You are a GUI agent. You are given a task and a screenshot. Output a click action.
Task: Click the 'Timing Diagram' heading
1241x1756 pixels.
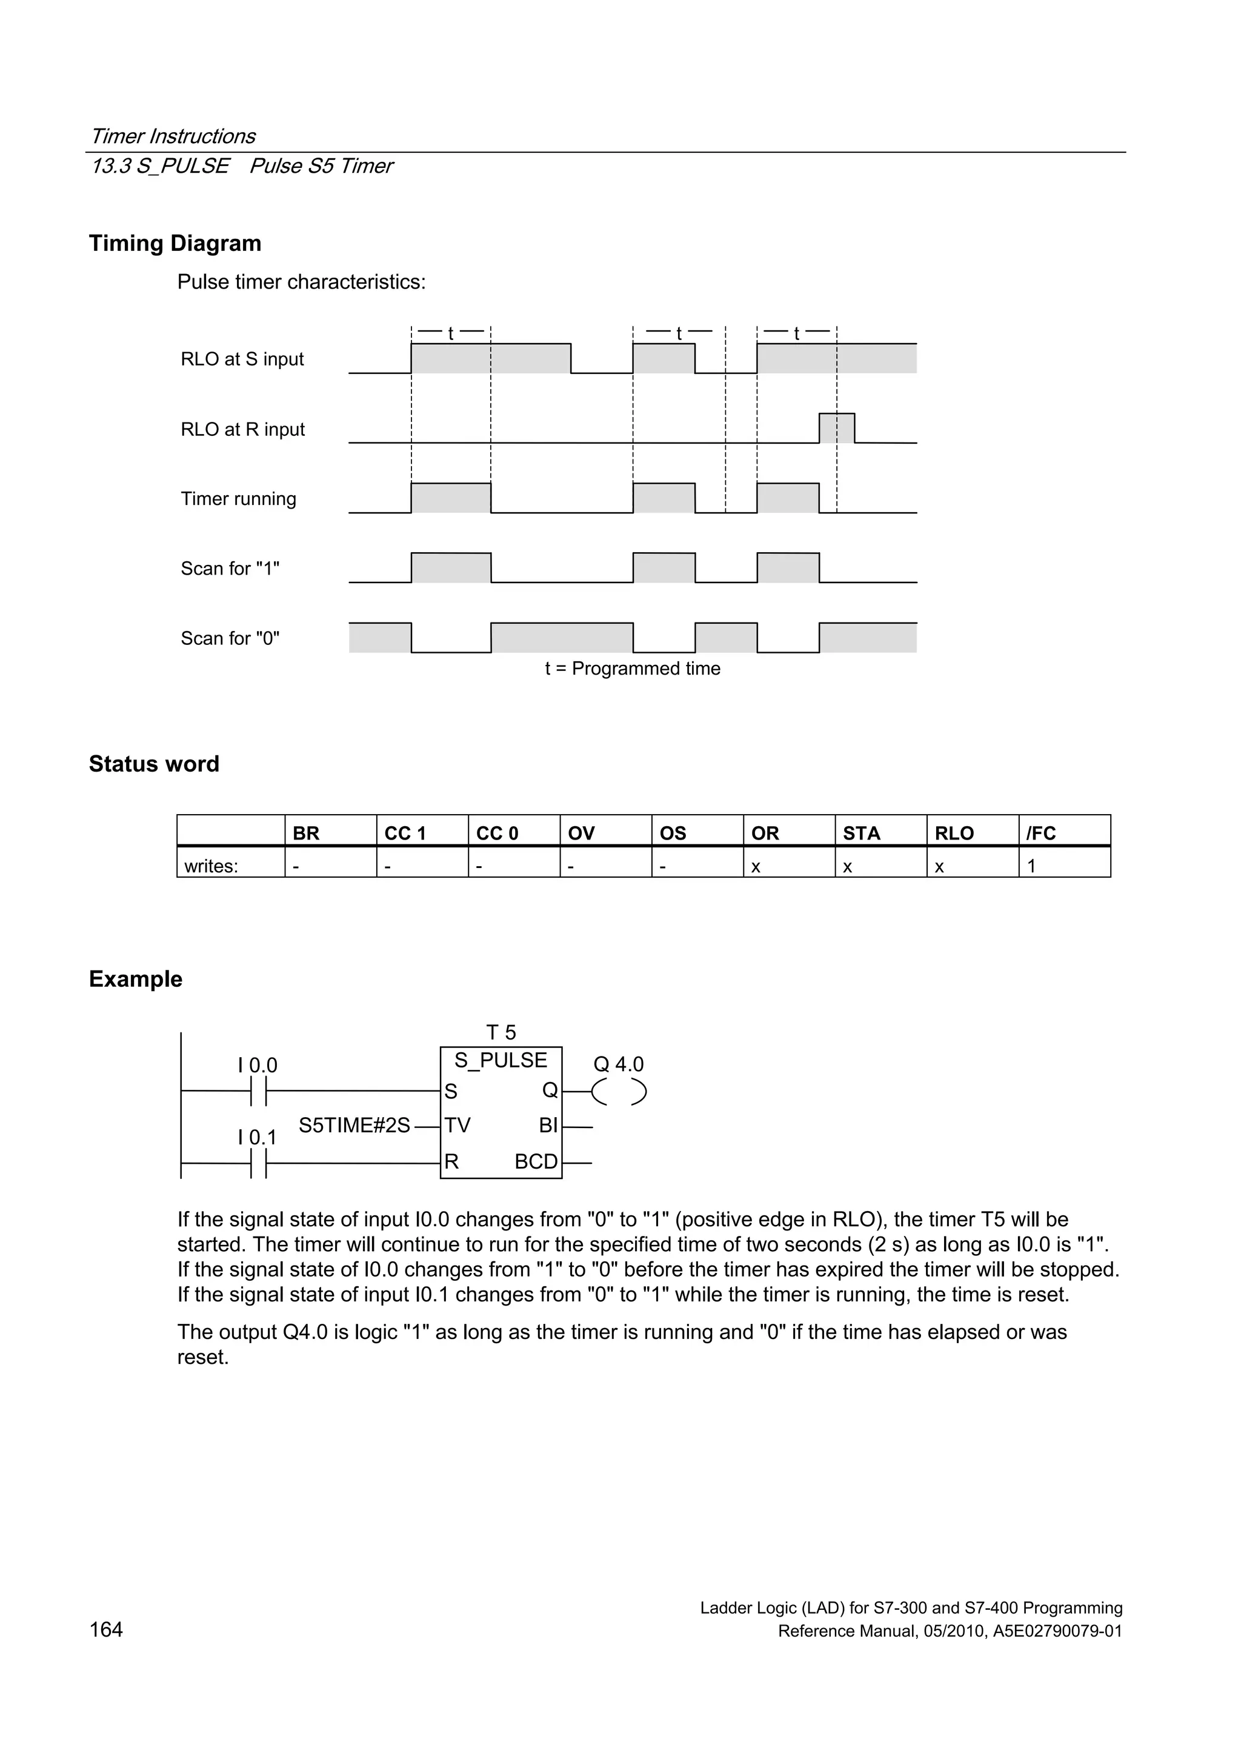pos(175,243)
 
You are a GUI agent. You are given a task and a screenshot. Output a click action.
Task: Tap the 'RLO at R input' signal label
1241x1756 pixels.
pos(242,429)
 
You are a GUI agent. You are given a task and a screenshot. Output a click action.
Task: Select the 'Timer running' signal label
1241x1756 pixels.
pos(238,499)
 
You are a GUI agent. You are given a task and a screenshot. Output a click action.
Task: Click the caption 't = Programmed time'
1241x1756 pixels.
pos(633,669)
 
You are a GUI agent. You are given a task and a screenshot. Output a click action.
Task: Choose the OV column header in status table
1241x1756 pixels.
pos(581,833)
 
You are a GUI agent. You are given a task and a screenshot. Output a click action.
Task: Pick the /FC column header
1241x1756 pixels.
pos(1040,833)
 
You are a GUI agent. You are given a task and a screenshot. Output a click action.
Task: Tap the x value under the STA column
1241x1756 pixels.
pos(847,867)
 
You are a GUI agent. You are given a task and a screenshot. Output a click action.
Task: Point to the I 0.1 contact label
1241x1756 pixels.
pos(257,1137)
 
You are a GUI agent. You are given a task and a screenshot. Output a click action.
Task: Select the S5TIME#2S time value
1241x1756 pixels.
pos(354,1125)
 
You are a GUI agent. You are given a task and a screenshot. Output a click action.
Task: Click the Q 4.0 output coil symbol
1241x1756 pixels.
pos(619,1092)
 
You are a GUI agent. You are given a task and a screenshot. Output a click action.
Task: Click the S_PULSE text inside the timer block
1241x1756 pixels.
pos(501,1060)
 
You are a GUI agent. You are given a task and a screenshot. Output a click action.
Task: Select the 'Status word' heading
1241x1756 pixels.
pos(154,763)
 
